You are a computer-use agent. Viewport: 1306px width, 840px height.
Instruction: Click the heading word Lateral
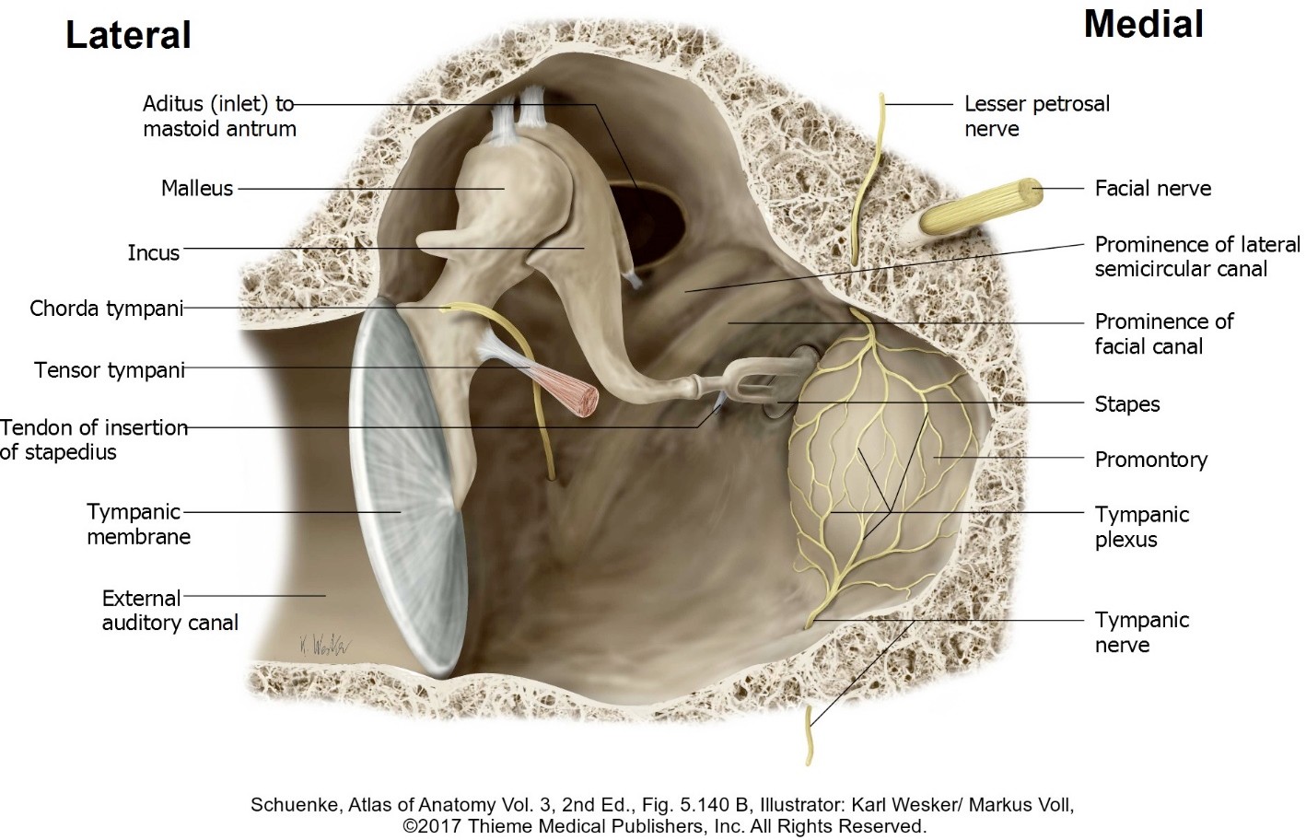coord(128,35)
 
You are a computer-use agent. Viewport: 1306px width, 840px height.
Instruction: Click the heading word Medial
coord(1143,24)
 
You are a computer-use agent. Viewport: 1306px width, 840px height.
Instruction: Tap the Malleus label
coord(196,189)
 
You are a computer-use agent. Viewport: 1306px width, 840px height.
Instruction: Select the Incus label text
coord(153,252)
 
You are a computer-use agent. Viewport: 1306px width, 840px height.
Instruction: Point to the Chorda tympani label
coord(106,308)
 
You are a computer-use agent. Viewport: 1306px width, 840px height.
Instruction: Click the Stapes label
coord(1126,404)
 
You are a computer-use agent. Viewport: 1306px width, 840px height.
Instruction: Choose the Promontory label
coord(1150,460)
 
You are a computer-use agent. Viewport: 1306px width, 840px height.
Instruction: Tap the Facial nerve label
coord(1152,189)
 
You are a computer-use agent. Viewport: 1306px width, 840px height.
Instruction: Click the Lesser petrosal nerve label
coord(1036,116)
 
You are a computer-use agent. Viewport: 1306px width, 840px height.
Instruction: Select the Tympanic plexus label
coord(1141,527)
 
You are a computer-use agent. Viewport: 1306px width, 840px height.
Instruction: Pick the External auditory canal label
coord(169,611)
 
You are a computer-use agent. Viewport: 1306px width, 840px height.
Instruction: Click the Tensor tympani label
coord(109,370)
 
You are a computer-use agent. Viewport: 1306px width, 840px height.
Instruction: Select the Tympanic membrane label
coord(138,524)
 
